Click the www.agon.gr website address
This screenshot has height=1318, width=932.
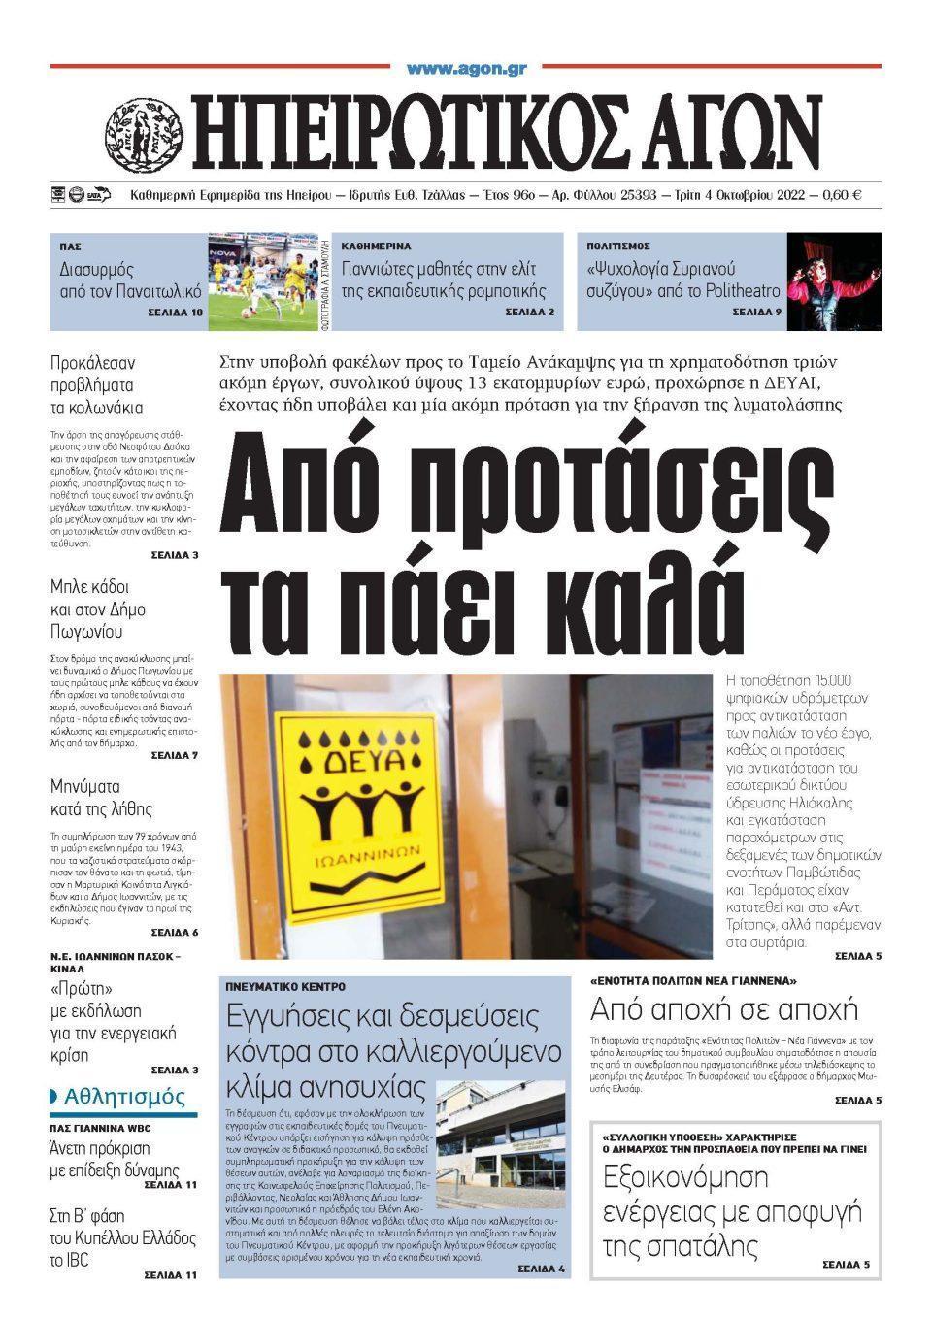[x=466, y=69]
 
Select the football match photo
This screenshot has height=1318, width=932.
[x=262, y=281]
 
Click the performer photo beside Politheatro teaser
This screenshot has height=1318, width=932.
[x=834, y=281]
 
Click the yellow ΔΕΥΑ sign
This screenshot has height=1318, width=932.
[x=358, y=814]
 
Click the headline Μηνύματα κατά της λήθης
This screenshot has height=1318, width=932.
[x=101, y=797]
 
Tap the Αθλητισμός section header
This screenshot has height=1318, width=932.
[x=123, y=1097]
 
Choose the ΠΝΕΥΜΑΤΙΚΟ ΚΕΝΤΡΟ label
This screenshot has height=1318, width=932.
[x=284, y=986]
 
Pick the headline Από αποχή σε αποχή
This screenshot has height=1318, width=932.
[x=724, y=1008]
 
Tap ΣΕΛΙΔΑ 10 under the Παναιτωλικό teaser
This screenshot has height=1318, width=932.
[x=176, y=313]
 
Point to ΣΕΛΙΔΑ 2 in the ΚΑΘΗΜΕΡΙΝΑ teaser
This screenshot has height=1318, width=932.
[x=529, y=313]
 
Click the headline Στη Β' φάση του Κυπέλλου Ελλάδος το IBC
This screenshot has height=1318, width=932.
[x=122, y=1237]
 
